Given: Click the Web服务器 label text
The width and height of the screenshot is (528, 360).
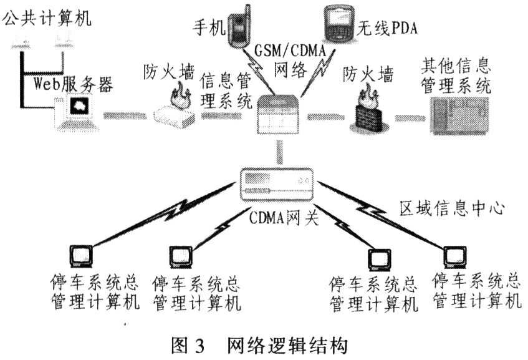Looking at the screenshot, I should [74, 85].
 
